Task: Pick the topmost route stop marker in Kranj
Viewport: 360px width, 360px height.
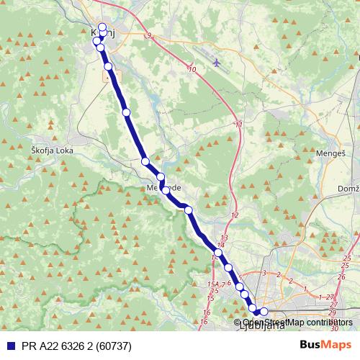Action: [x=102, y=28]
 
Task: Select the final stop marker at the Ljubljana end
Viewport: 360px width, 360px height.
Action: [x=264, y=312]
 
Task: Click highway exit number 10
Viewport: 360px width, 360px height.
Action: [x=192, y=69]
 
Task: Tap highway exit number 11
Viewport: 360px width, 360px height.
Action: [x=238, y=125]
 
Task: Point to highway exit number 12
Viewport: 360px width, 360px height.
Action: [x=234, y=215]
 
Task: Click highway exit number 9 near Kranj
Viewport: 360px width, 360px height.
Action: [x=148, y=35]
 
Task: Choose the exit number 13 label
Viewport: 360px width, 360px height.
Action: [x=224, y=238]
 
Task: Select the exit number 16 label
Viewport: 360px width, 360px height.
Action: [x=205, y=312]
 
